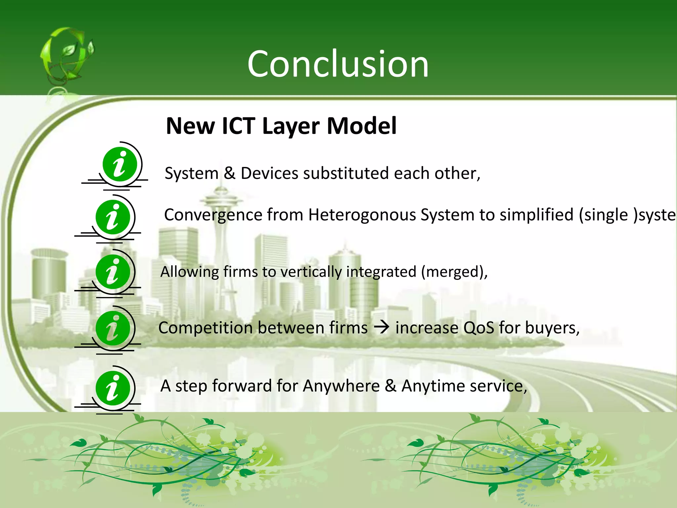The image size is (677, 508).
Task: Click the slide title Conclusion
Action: (x=338, y=64)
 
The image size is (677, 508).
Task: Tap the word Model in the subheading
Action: (x=362, y=126)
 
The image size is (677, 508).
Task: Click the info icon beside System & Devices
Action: (x=120, y=164)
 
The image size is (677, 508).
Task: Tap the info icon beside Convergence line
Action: (x=113, y=217)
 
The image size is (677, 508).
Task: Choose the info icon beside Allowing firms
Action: (x=113, y=272)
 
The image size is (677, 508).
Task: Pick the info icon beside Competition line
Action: (x=113, y=328)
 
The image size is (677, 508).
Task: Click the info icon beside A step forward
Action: (x=113, y=388)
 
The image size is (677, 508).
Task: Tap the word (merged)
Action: (x=454, y=272)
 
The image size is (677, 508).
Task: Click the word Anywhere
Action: (x=341, y=386)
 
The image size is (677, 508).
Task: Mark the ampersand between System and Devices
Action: (x=229, y=173)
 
